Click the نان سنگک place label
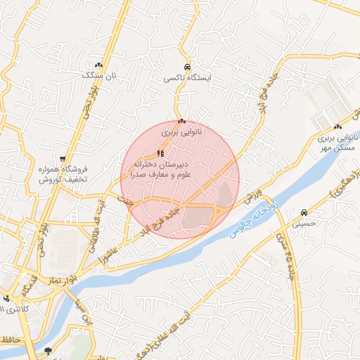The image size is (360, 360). (98, 74)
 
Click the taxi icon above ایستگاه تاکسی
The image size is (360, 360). (184, 68)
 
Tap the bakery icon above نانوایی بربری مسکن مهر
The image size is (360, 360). (338, 127)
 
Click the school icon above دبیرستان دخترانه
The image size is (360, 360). (161, 153)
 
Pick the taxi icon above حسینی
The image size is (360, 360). (303, 212)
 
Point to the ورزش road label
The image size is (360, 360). (253, 196)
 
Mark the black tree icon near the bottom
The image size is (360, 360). (48, 350)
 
